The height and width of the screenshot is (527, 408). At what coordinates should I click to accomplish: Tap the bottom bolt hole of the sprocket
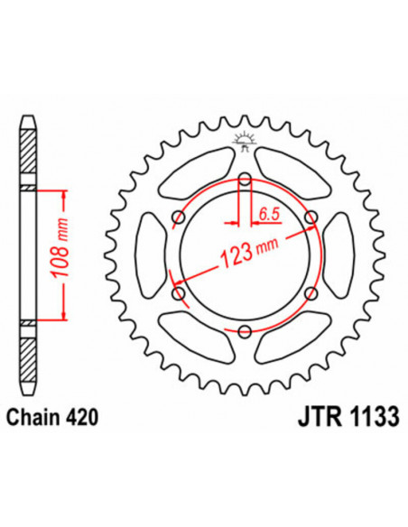point(245,332)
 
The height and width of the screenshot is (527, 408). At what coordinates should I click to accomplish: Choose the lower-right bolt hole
point(311,294)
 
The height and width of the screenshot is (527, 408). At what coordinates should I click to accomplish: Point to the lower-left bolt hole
point(179,294)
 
